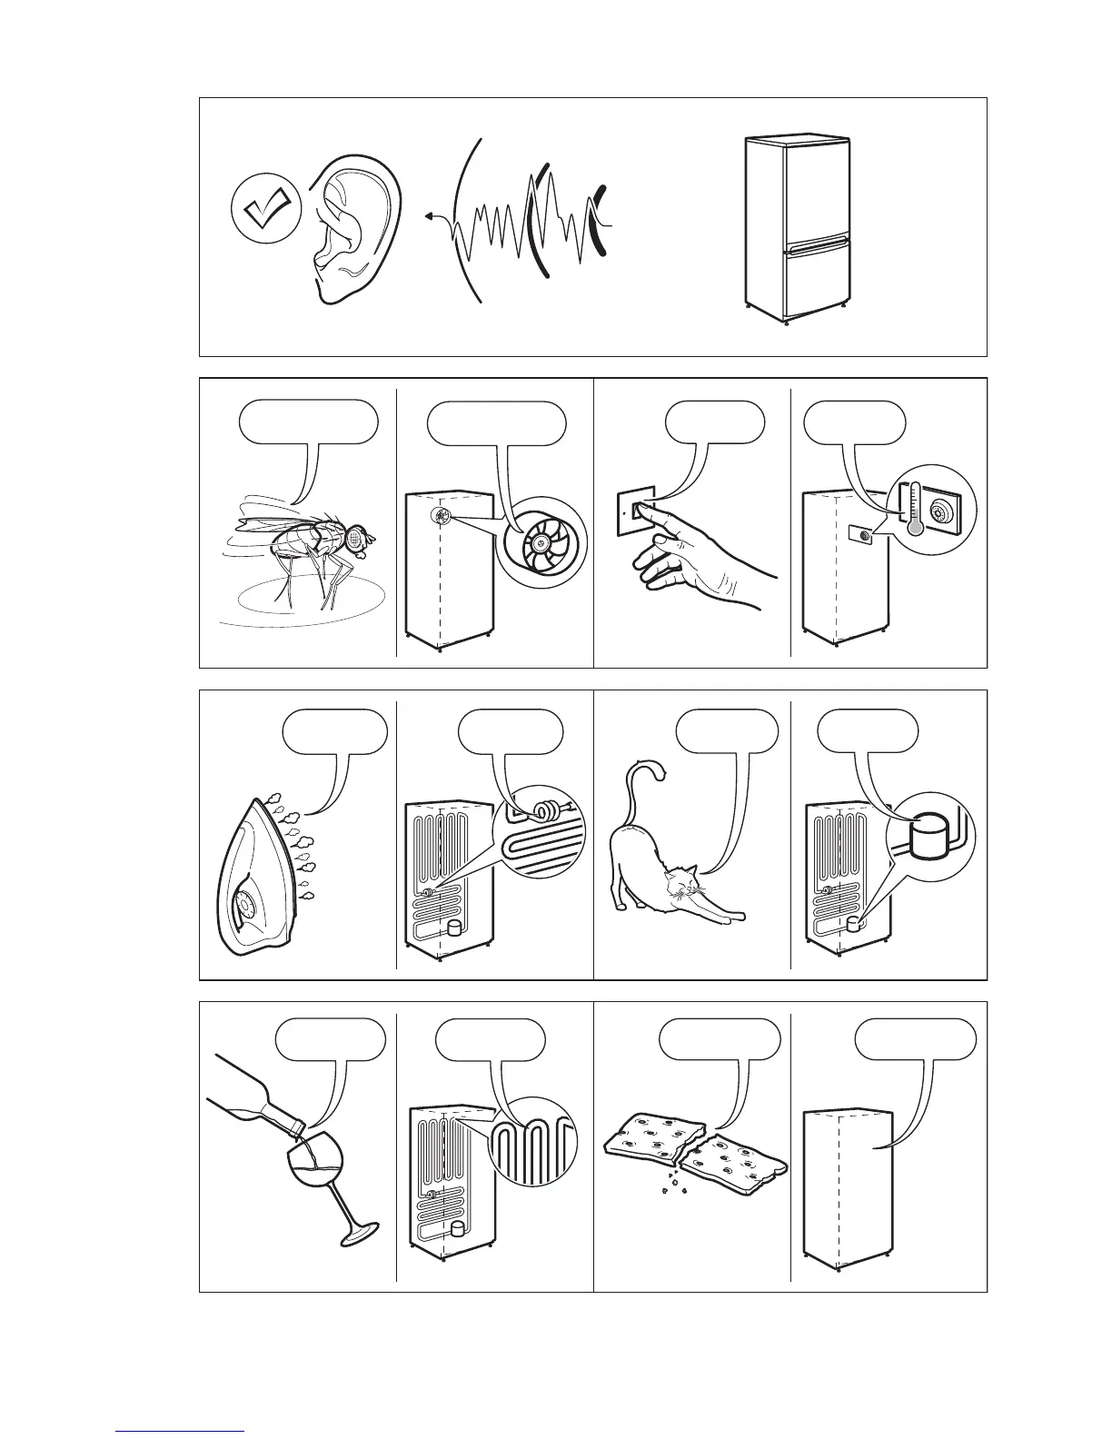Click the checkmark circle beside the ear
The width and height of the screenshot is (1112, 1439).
click(x=264, y=208)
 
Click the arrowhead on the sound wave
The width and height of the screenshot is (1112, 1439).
click(x=428, y=217)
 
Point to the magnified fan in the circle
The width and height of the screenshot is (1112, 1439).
click(x=541, y=543)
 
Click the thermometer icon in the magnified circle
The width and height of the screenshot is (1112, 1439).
click(x=910, y=516)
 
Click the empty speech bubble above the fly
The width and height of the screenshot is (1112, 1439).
click(x=308, y=422)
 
